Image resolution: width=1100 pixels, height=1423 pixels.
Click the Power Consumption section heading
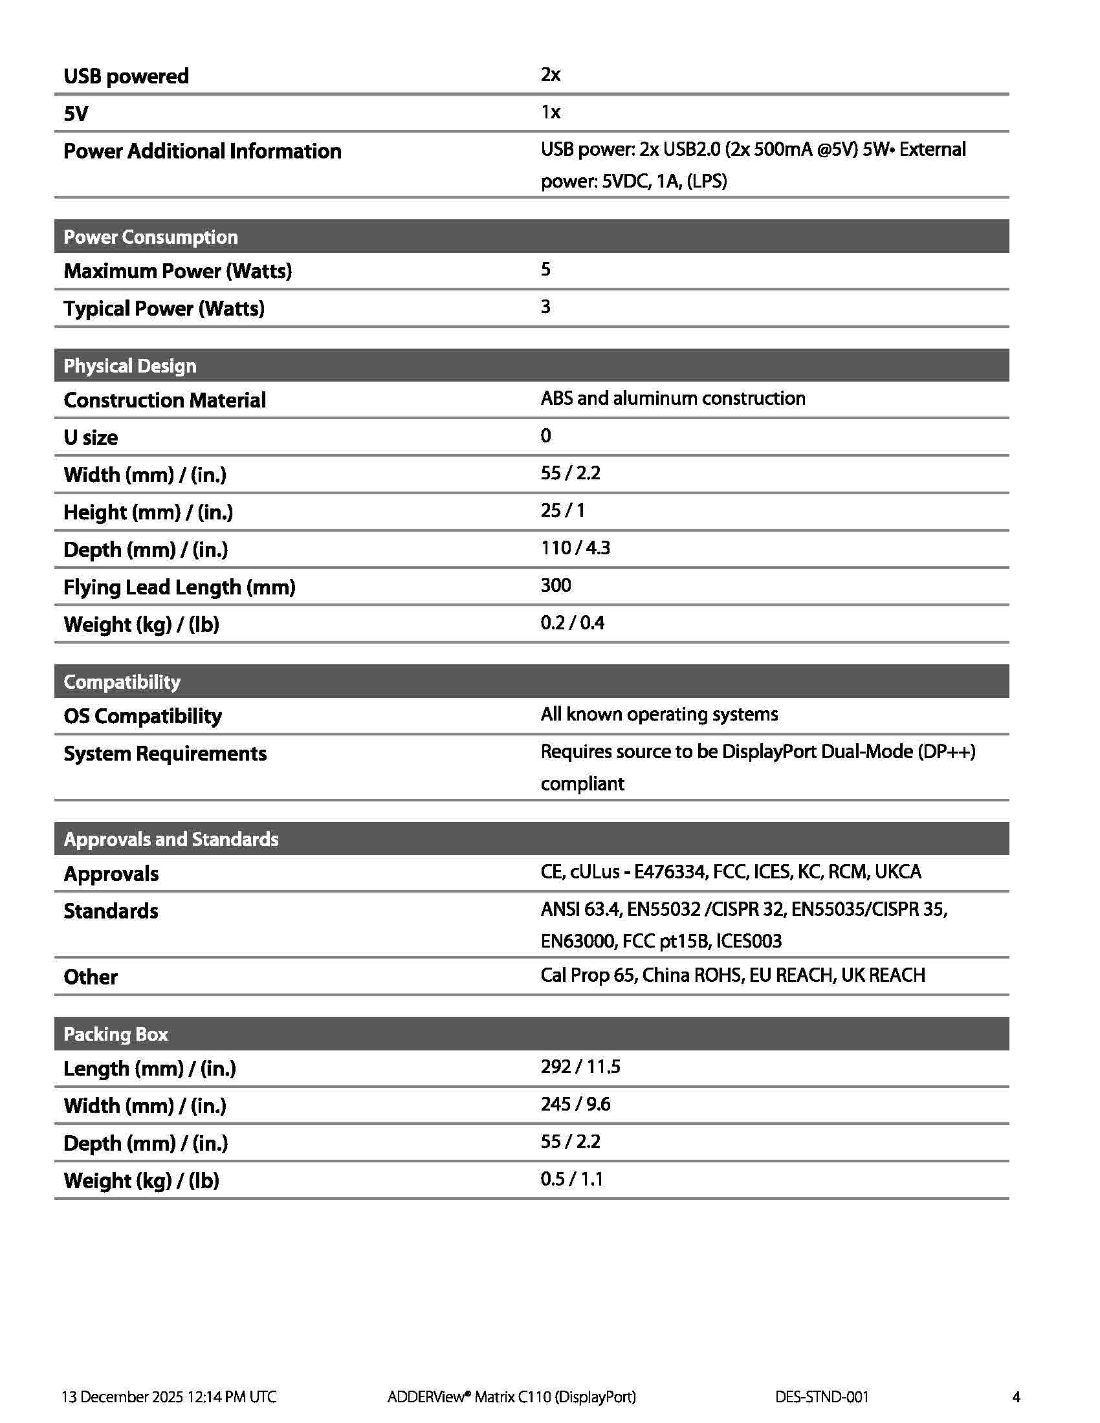coord(151,237)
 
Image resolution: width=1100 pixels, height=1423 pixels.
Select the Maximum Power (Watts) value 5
coord(545,269)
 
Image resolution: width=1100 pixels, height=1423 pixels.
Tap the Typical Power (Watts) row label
coord(164,308)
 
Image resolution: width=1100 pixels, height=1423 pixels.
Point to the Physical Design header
coord(129,365)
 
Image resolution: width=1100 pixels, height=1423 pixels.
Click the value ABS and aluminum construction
coord(672,398)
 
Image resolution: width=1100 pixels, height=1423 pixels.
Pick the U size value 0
coord(545,435)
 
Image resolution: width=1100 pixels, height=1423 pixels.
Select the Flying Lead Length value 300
coord(555,585)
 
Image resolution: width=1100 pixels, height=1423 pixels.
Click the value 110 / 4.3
coord(575,548)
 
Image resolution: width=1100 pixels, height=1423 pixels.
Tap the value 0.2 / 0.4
coord(572,623)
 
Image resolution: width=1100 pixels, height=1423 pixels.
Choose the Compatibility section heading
coord(122,682)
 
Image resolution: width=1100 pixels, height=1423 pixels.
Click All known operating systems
coord(659,714)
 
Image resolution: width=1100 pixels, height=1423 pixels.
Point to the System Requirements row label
coord(165,753)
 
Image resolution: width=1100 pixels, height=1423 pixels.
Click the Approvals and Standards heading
coord(171,838)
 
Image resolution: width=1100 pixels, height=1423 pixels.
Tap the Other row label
coord(91,977)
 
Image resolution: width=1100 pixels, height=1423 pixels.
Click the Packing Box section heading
coord(115,1034)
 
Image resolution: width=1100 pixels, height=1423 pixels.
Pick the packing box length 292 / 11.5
coord(580,1067)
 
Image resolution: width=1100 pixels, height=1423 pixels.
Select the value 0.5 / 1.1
coord(571,1179)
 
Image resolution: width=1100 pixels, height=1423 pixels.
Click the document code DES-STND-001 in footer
coord(822,1396)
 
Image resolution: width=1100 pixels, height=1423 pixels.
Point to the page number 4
coord(1016,1396)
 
